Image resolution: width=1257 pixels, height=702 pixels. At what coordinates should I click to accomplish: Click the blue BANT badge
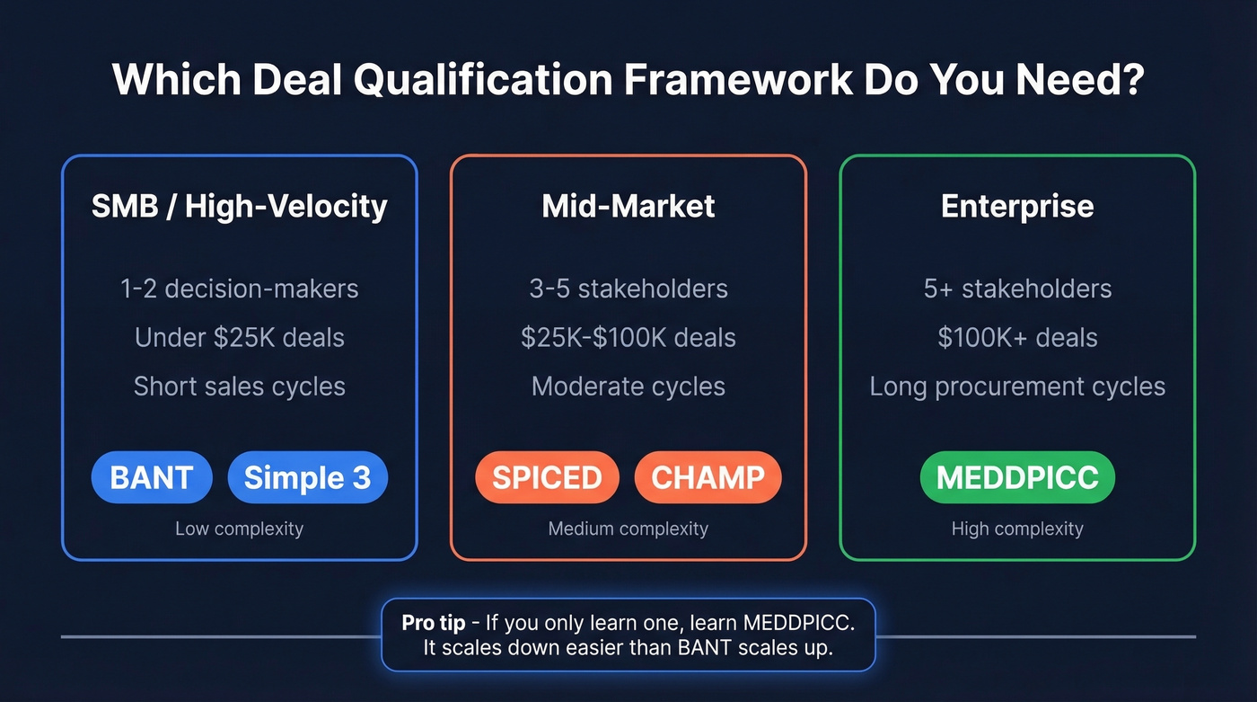(151, 477)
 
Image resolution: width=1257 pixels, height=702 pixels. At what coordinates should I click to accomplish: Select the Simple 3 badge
(307, 477)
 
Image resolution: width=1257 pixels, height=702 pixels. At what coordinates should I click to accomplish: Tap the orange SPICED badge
(547, 477)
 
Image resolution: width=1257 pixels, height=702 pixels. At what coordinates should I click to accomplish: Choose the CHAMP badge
(708, 477)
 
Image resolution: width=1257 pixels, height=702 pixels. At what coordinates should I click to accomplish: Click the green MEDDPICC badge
(1017, 477)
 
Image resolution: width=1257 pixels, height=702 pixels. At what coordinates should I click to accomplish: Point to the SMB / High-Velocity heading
(239, 206)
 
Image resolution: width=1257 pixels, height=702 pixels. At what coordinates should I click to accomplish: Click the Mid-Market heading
(628, 206)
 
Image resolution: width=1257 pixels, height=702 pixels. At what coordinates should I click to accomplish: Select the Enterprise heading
(1017, 206)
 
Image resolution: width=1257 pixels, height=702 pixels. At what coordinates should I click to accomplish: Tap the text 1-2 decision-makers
(239, 289)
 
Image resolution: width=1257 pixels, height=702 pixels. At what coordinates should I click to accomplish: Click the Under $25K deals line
(239, 337)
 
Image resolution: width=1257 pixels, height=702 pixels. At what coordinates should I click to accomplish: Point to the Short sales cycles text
(239, 387)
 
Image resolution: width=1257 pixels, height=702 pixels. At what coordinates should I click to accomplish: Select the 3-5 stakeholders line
(628, 289)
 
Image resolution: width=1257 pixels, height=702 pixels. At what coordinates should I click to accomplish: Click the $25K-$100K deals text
(628, 337)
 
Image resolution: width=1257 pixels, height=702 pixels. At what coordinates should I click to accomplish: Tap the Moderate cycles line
(628, 387)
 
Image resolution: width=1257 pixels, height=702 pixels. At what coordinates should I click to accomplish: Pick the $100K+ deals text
(1017, 337)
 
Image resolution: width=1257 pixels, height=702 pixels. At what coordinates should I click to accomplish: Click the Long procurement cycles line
(1017, 387)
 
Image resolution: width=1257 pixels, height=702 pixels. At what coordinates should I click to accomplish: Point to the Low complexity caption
(239, 529)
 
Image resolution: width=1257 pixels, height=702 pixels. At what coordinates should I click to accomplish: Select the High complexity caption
(1017, 529)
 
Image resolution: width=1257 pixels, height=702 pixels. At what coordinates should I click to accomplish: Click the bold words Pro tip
(434, 622)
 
